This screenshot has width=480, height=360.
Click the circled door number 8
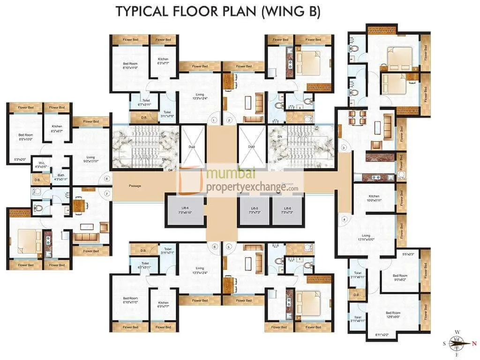107,179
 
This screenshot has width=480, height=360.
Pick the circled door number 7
107,193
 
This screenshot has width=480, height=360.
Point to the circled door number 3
344,148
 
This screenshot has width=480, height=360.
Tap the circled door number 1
214,120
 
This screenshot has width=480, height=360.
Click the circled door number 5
229,246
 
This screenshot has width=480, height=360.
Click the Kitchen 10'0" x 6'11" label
374,198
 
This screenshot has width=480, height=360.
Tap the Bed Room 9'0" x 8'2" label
400,277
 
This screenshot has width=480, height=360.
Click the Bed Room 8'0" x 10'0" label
25,137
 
